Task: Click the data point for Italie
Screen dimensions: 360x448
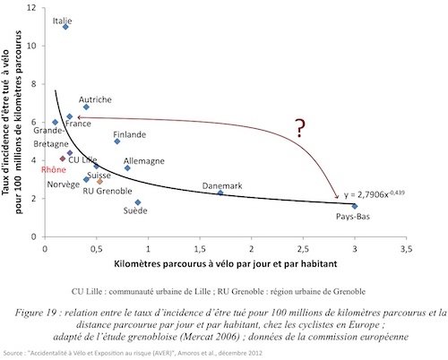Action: [66, 27]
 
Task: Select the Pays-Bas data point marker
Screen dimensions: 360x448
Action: [355, 206]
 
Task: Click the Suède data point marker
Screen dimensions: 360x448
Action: [137, 202]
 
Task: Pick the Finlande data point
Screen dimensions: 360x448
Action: [117, 141]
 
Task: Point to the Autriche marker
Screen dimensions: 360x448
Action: [86, 107]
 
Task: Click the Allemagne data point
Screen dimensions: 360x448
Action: [127, 167]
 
